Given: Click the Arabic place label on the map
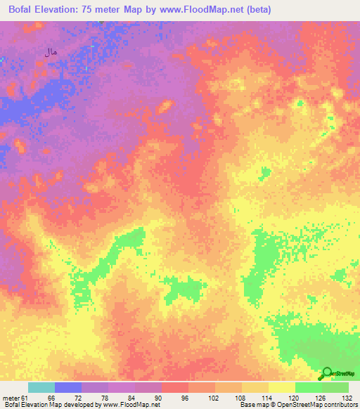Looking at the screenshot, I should (x=50, y=51).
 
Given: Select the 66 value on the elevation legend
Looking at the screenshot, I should (x=51, y=398).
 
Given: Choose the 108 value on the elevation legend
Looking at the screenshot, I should (x=240, y=398).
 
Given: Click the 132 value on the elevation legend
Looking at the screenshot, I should (x=347, y=398).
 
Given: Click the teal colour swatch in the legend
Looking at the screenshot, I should (x=41, y=387).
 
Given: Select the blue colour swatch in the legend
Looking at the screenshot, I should (x=68, y=387).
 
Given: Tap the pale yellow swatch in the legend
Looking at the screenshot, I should (x=282, y=387).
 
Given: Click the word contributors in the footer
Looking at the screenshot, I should (x=340, y=405).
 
